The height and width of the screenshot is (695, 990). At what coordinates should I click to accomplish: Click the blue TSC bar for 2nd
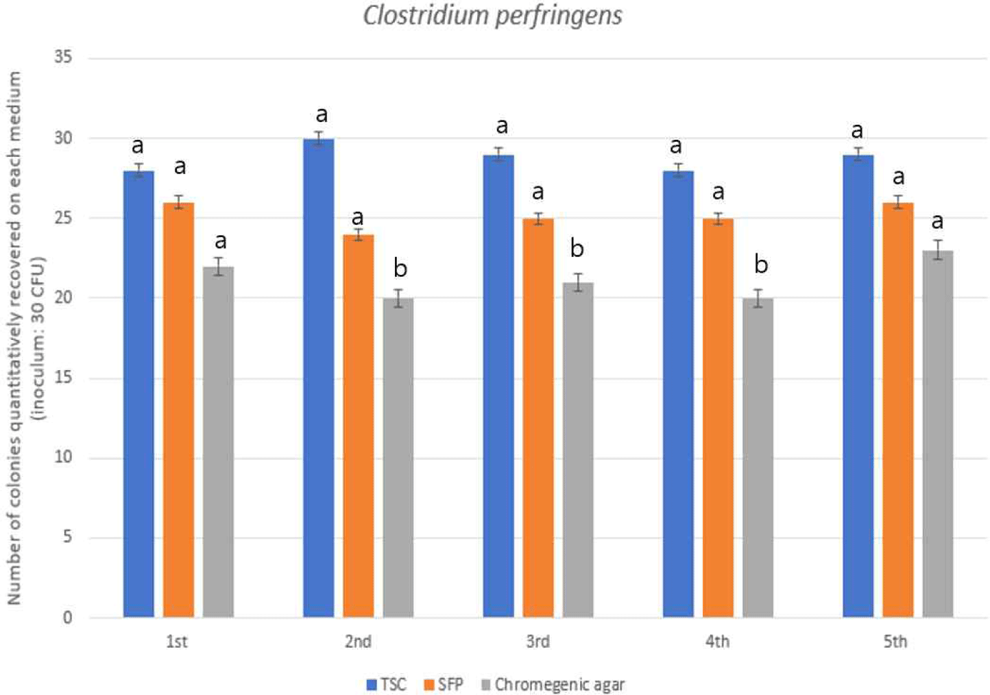point(318,377)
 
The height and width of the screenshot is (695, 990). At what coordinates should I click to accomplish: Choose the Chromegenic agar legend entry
point(553,684)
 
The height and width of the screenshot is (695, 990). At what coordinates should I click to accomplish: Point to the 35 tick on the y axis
point(64,57)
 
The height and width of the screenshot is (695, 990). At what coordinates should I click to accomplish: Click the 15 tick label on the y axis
point(64,378)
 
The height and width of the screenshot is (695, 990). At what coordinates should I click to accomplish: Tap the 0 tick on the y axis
point(67,618)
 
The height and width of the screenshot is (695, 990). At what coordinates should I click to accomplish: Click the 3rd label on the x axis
point(538,642)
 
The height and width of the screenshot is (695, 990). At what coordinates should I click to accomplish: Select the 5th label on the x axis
point(895,642)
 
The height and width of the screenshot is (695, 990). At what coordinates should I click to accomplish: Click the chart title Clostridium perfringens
point(492,16)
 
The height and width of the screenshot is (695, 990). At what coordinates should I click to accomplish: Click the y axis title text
point(25,337)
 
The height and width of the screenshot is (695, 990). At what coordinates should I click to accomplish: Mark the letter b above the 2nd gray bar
point(400,269)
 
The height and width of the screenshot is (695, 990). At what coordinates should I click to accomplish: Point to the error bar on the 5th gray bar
point(938,250)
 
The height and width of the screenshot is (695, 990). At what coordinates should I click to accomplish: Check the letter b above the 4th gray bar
point(760,265)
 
